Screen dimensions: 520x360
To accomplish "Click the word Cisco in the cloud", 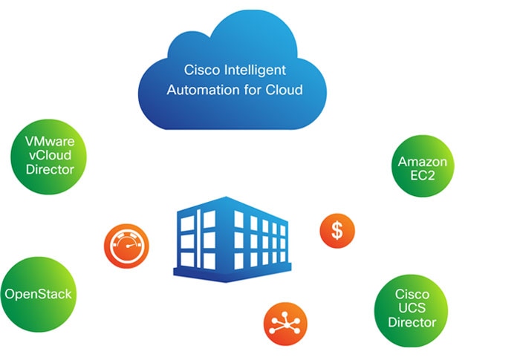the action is (x=201, y=70).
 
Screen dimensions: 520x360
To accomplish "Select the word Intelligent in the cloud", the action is (x=255, y=71).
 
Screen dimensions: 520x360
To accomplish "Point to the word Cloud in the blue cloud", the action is (x=285, y=90).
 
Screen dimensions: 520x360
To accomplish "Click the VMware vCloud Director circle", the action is (x=49, y=157).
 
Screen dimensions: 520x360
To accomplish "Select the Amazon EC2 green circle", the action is (x=423, y=166).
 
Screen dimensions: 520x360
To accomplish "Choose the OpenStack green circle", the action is (x=39, y=295).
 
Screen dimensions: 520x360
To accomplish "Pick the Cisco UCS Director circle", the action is (x=412, y=310).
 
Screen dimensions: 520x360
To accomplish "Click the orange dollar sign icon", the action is (x=337, y=231).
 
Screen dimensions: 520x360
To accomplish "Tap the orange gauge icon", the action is (x=126, y=246).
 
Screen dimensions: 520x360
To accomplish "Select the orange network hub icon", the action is (x=285, y=324).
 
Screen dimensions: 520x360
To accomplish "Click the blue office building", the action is (x=232, y=239).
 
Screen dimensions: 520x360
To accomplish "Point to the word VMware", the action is (x=50, y=142).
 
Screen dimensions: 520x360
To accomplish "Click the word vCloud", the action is (x=50, y=155).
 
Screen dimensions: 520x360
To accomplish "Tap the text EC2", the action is (x=423, y=175).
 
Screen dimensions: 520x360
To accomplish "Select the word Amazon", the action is (x=423, y=162).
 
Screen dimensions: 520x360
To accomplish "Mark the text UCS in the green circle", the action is (x=412, y=308).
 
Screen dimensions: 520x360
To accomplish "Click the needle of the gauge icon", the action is (x=131, y=246).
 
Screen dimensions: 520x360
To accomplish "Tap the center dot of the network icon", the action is (x=285, y=323).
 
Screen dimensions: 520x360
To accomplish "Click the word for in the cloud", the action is (x=253, y=90).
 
